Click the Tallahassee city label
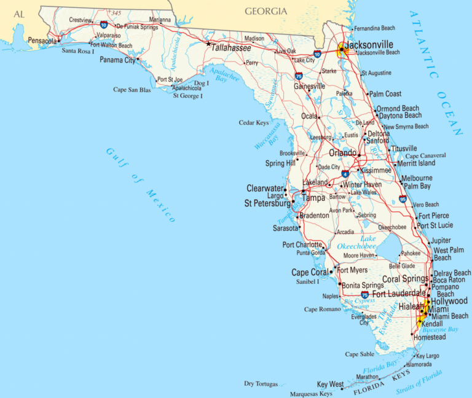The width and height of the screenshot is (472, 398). coord(231,47)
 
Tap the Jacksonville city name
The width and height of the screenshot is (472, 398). coord(369,45)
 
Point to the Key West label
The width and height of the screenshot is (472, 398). coord(330,384)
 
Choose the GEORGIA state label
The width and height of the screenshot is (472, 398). coord(265,11)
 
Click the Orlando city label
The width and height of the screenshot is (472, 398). coord(342,153)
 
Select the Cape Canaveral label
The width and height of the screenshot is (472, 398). coord(425,155)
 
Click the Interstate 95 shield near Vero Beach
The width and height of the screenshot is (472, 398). coord(403,199)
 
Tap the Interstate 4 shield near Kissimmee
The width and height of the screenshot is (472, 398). coord(347,174)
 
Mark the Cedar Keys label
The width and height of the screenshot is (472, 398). coord(254,123)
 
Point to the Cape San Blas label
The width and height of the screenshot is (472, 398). coord(132,90)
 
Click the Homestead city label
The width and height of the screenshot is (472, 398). coord(430,337)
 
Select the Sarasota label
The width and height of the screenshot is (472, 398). coord(286,228)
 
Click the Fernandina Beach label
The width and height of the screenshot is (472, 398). coord(376,28)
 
